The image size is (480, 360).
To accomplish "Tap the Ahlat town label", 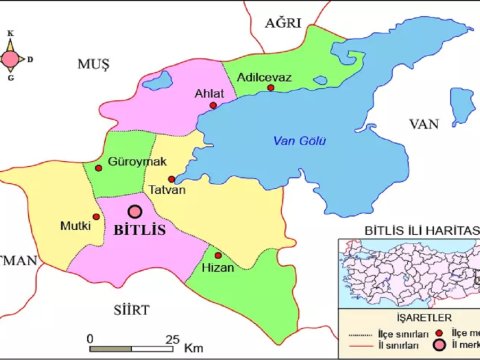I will pyautogui.click(x=209, y=94).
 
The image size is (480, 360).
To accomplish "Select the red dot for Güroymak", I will pyautogui.click(x=98, y=168).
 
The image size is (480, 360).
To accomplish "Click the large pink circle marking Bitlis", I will pyautogui.click(x=134, y=211).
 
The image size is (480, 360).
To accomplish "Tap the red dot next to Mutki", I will pyautogui.click(x=96, y=216).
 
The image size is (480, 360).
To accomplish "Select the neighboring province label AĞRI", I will pyautogui.click(x=283, y=22).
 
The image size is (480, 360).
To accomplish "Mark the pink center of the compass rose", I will pyautogui.click(x=9, y=58).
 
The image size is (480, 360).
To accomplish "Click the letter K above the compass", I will pyautogui.click(x=10, y=34).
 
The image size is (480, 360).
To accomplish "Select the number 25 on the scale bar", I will pyautogui.click(x=171, y=338).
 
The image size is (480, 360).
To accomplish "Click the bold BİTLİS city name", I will pyautogui.click(x=140, y=230).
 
